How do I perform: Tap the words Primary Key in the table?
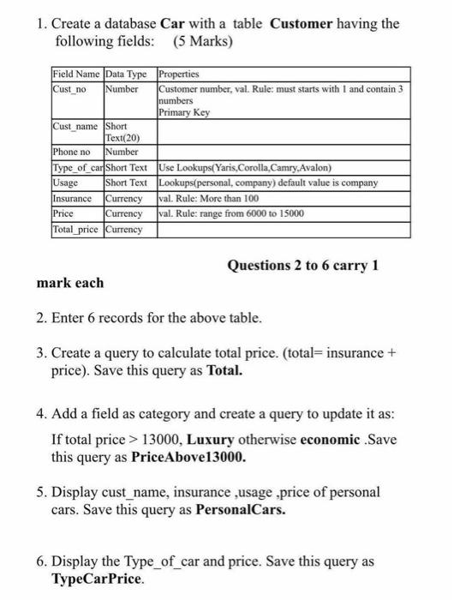pyautogui.click(x=183, y=111)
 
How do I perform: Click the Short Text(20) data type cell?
pyautogui.click(x=126, y=133)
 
